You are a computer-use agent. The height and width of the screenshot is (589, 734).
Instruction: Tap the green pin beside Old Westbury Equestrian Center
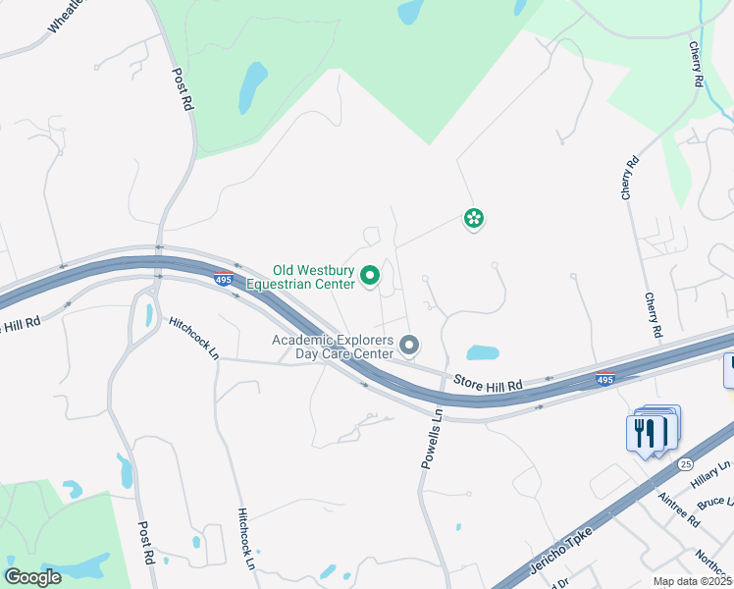click(x=370, y=277)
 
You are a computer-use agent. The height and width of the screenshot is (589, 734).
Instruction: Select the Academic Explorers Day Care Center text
click(x=333, y=347)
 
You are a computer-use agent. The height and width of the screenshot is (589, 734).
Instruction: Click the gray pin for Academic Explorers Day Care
click(x=410, y=345)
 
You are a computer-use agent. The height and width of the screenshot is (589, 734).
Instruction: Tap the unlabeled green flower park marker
click(x=474, y=218)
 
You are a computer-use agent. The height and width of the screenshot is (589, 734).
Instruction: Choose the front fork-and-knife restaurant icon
click(x=645, y=432)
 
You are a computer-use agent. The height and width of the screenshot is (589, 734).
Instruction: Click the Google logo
click(x=32, y=577)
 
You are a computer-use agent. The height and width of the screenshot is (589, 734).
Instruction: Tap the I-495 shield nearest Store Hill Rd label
click(x=604, y=379)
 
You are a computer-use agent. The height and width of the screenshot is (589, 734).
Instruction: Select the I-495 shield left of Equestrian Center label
click(x=223, y=280)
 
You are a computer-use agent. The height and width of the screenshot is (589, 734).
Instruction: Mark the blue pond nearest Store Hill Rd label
click(x=482, y=352)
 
